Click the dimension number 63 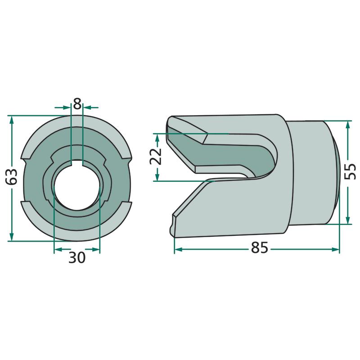pos(12,176)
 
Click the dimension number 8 pos(77,103)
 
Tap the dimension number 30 pos(77,257)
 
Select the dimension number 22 pos(156,157)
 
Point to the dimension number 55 pos(350,171)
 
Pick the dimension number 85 pos(260,247)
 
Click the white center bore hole pos(77,186)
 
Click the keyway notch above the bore pos(77,162)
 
